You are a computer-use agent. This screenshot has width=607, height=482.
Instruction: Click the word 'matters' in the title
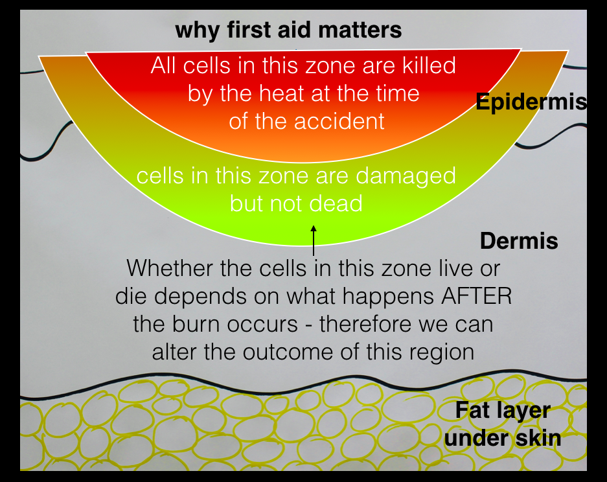point(360,30)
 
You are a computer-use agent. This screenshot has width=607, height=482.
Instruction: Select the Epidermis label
point(531,102)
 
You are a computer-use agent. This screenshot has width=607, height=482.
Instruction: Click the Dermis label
point(519,241)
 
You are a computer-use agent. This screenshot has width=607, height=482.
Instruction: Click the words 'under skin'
point(503,438)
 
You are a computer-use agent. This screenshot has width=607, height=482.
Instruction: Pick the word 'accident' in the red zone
point(339,121)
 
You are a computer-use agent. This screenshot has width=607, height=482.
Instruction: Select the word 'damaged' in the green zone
point(406,177)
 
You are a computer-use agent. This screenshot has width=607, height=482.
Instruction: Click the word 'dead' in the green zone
point(336,203)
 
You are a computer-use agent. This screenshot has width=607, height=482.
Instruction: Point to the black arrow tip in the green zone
point(314,226)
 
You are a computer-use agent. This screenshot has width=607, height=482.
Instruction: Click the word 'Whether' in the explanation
point(170,268)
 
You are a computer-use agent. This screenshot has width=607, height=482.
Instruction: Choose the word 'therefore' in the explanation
point(365,324)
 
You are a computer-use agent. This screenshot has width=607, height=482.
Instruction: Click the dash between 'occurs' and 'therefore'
point(308,325)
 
